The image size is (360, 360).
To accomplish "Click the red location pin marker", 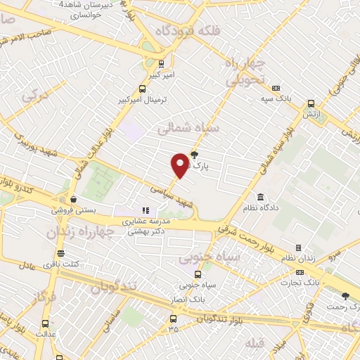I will tap(180, 165).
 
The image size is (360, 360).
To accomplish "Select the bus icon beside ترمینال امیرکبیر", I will tap(143, 89).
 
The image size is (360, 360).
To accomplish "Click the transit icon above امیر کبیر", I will tap(161, 62).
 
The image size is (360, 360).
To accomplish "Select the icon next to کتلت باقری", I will tap(60, 253).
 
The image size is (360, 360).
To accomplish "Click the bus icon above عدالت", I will tap(46, 324).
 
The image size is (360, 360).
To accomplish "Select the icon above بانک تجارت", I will tap(300, 271).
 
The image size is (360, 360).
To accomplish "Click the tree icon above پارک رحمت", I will tap(345, 297).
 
